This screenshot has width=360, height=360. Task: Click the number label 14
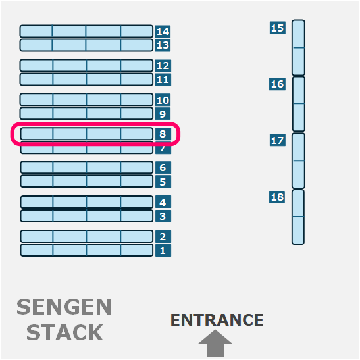point(163,31)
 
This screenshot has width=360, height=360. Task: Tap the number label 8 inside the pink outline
point(163,134)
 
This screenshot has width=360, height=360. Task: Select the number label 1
point(163,250)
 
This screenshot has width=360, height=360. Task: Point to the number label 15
point(278,28)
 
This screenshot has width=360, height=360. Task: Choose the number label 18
point(277,197)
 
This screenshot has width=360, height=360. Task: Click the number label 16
point(277,84)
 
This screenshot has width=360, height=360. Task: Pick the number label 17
point(278,140)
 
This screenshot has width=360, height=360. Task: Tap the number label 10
point(163,100)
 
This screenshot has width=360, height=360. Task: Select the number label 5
point(163,182)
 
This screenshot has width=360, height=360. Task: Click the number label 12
point(163,66)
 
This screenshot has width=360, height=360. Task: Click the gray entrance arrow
point(215,344)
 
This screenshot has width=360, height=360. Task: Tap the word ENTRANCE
point(217,320)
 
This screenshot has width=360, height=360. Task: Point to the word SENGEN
point(64,307)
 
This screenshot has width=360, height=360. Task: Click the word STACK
point(64,332)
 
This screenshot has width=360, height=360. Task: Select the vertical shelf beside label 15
point(299,47)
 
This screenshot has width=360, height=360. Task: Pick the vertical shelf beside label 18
point(298,217)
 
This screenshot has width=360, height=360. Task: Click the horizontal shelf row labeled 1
point(87,250)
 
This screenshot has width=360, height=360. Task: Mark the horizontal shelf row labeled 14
point(86,31)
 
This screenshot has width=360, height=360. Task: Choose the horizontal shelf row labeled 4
point(87,202)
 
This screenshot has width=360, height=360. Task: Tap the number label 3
point(163,216)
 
